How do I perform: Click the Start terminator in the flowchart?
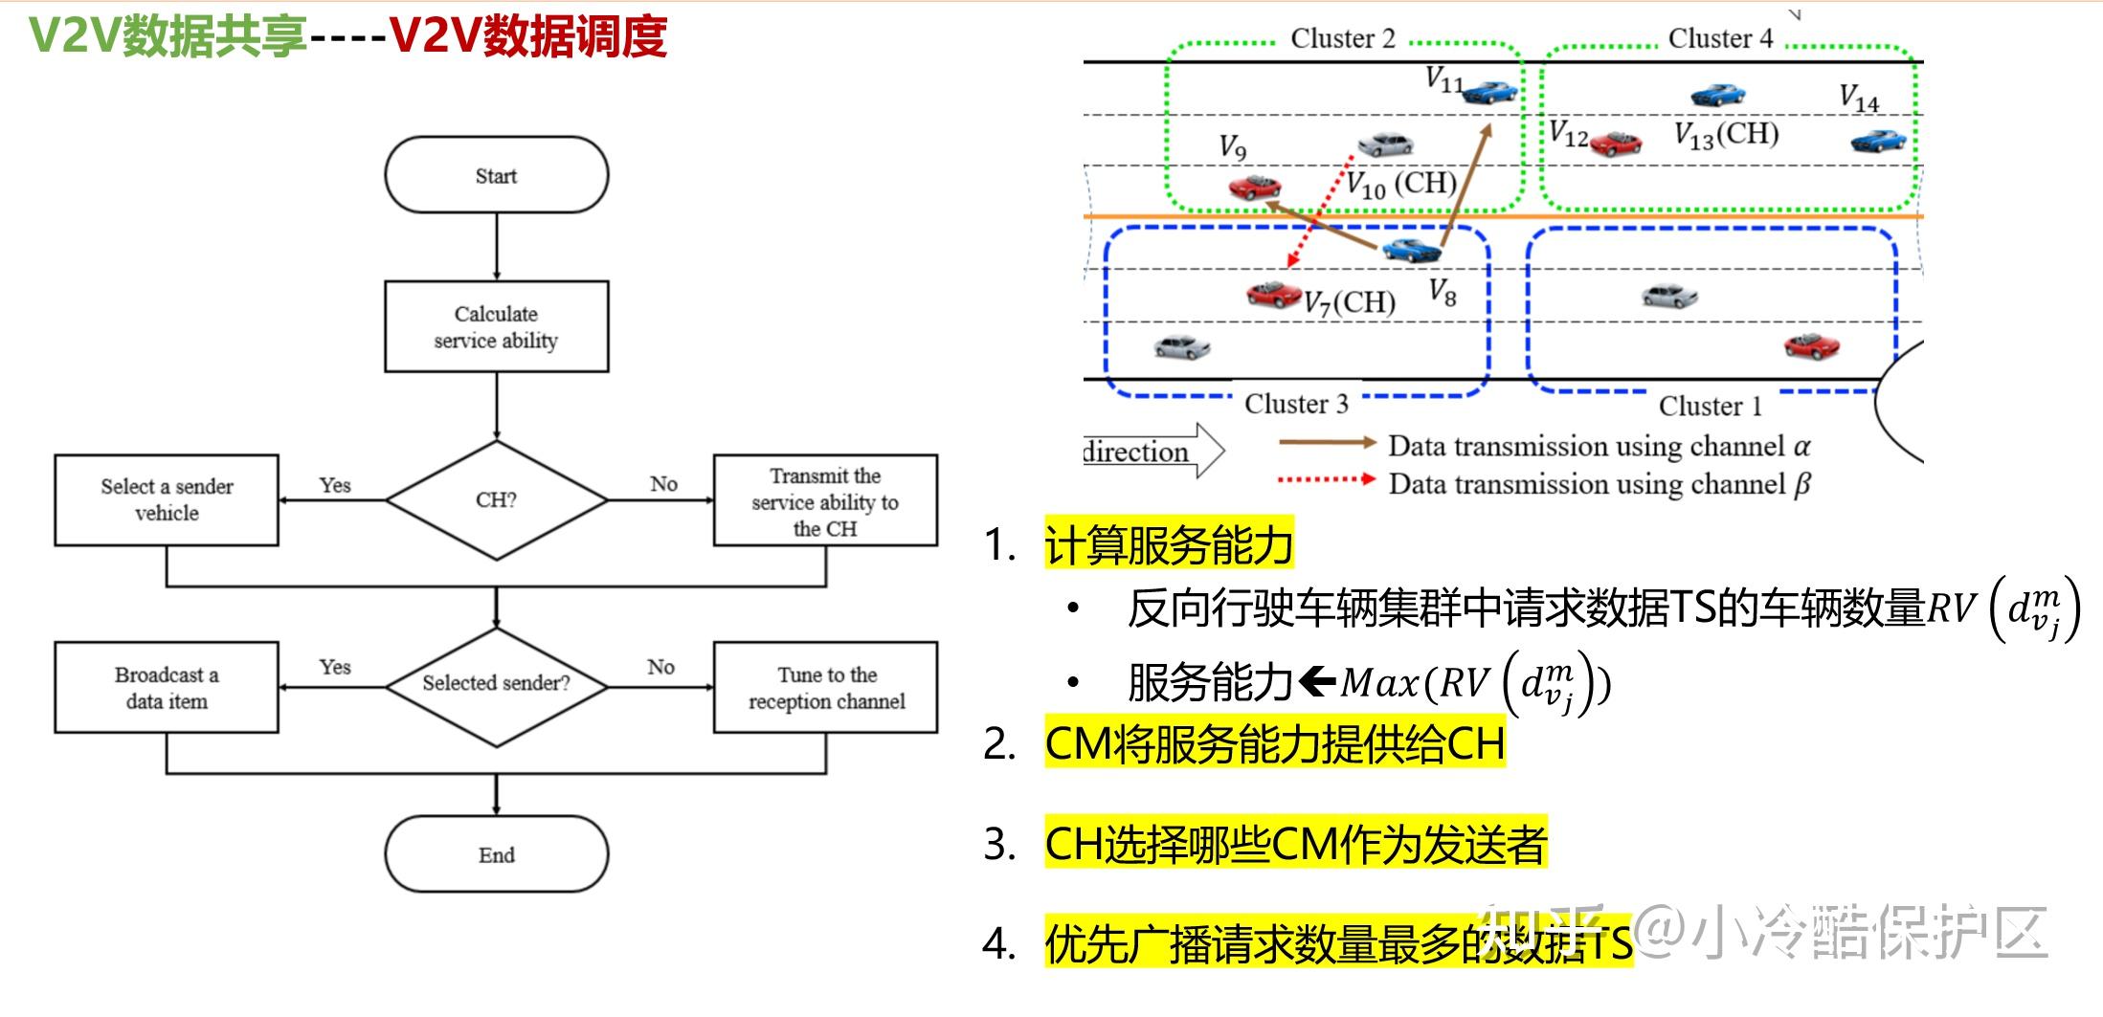[496, 175]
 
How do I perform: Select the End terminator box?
[496, 854]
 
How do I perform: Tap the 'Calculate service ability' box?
[496, 326]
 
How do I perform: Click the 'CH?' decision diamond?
[496, 499]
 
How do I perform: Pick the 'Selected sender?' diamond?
[496, 683]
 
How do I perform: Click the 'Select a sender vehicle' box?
[167, 499]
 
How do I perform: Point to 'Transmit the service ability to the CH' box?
[825, 501]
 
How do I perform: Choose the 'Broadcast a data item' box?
[167, 687]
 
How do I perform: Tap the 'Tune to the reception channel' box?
[825, 687]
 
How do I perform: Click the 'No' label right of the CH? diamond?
[663, 484]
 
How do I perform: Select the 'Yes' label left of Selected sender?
[335, 667]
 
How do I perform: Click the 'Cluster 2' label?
[1342, 39]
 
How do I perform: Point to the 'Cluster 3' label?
[1296, 404]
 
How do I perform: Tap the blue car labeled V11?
[1490, 92]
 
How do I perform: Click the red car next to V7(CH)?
[1273, 294]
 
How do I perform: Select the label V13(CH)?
[1726, 134]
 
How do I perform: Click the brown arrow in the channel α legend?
[1327, 442]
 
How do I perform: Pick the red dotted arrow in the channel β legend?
[1327, 479]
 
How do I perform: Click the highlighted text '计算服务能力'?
[1169, 545]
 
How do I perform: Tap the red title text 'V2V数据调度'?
[528, 37]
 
